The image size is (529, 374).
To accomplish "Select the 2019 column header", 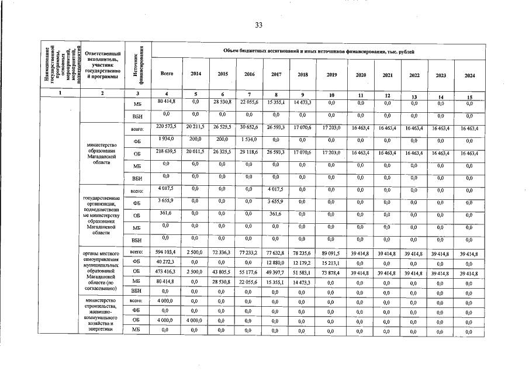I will coord(331,75).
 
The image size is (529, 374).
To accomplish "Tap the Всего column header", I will coord(167,74).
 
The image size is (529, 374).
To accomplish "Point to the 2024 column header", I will coord(469,75).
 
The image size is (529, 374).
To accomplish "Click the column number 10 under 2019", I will coord(331,95).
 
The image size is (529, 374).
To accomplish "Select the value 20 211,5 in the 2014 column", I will coord(194,126).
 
